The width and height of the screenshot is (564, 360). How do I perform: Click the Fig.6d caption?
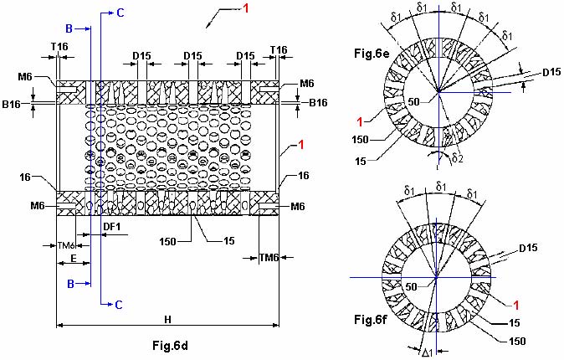170,346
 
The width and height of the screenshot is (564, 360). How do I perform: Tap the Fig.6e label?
372,54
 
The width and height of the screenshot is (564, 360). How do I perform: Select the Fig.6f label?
370,319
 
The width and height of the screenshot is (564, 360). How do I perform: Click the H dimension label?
167,319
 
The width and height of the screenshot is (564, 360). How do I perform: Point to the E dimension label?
74,258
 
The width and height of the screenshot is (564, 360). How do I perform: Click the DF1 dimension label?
112,226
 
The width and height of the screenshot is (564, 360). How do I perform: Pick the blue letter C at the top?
120,13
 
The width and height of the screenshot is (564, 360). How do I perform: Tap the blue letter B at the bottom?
71,284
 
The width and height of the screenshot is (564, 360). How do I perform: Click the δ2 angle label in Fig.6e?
457,157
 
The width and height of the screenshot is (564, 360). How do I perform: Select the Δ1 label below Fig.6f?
428,352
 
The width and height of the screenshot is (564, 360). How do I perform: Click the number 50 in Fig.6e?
413,102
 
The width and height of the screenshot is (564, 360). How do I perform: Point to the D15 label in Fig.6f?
528,248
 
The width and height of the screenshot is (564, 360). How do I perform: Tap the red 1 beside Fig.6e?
360,122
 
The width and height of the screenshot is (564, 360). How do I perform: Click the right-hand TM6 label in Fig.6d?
269,258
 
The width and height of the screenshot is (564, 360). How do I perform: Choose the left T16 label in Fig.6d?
59,46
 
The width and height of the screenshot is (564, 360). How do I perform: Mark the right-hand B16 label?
318,103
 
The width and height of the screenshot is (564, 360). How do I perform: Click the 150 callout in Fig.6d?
168,241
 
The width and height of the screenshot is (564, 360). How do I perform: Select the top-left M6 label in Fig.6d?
25,77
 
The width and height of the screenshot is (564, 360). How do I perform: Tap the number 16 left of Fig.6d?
25,177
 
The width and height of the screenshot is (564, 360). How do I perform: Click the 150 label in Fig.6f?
518,341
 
